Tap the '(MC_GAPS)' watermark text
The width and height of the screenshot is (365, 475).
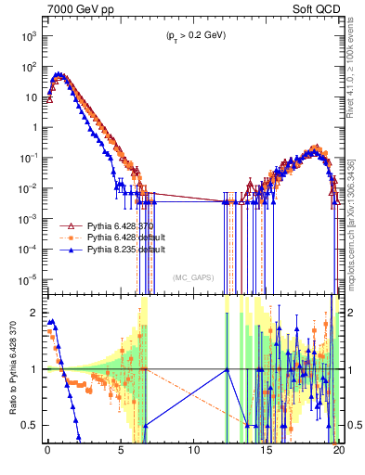point(192,276)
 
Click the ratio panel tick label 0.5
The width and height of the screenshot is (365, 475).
point(32,425)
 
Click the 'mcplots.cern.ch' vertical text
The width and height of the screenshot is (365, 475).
point(355,241)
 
